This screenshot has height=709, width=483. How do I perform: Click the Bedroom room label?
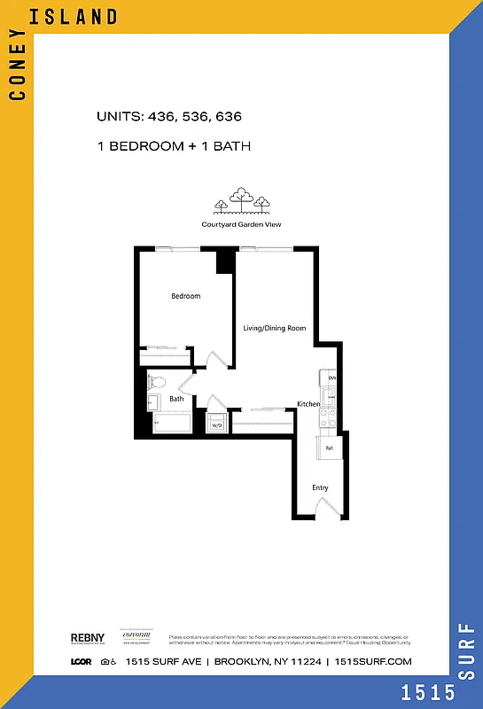[x=186, y=296]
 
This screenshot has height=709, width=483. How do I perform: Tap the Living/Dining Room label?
[x=275, y=328]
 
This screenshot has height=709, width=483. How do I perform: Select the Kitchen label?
[x=308, y=404]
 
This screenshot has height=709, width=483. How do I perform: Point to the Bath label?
[x=177, y=399]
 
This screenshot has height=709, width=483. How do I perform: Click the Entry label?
[x=320, y=487]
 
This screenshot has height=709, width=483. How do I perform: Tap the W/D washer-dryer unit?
[x=216, y=425]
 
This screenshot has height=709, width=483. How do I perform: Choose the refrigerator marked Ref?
[x=329, y=448]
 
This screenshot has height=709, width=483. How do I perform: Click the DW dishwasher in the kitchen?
[x=331, y=378]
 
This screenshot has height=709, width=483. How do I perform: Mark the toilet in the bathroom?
[x=157, y=382]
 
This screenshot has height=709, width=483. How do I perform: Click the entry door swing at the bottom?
[x=326, y=508]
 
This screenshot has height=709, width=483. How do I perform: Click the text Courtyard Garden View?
[x=241, y=224]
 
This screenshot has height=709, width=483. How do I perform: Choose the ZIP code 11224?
[x=306, y=661]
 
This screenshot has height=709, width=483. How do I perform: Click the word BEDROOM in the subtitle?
[x=147, y=145]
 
